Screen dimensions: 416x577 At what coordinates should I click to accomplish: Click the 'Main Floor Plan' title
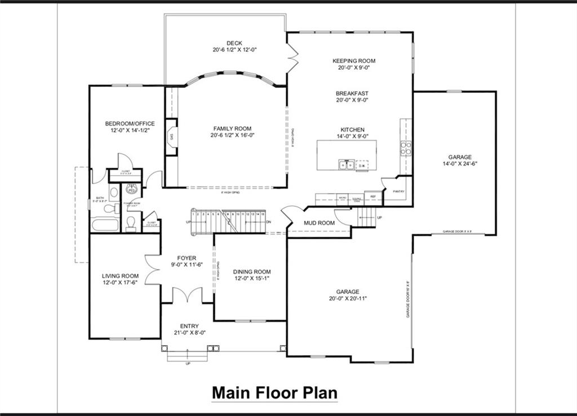click(274, 392)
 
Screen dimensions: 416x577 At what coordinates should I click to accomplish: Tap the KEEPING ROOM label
click(353, 61)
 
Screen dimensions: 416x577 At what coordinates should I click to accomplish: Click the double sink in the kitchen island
click(346, 164)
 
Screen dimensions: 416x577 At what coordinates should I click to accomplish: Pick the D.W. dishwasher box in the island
click(363, 165)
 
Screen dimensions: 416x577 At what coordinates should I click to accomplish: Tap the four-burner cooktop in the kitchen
click(406, 148)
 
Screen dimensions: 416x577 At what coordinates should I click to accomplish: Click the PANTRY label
click(399, 192)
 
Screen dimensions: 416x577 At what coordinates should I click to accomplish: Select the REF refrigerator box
click(373, 197)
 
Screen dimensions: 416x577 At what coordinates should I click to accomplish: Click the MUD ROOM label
click(319, 223)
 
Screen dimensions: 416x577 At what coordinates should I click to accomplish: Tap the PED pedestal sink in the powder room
click(132, 190)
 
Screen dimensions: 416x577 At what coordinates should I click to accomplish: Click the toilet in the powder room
click(131, 224)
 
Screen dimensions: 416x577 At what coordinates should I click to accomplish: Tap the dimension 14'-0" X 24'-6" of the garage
click(460, 164)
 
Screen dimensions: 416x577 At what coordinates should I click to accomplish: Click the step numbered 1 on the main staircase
click(193, 214)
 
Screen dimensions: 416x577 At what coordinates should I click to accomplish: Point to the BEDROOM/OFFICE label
click(130, 123)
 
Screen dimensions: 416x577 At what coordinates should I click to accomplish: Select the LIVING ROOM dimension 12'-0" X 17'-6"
click(120, 283)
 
